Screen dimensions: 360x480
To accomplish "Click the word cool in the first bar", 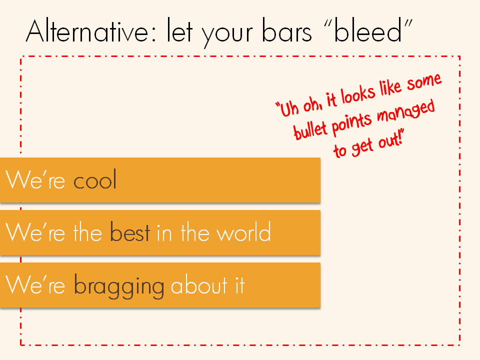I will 95,180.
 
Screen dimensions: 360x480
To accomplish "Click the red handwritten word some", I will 423,83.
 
